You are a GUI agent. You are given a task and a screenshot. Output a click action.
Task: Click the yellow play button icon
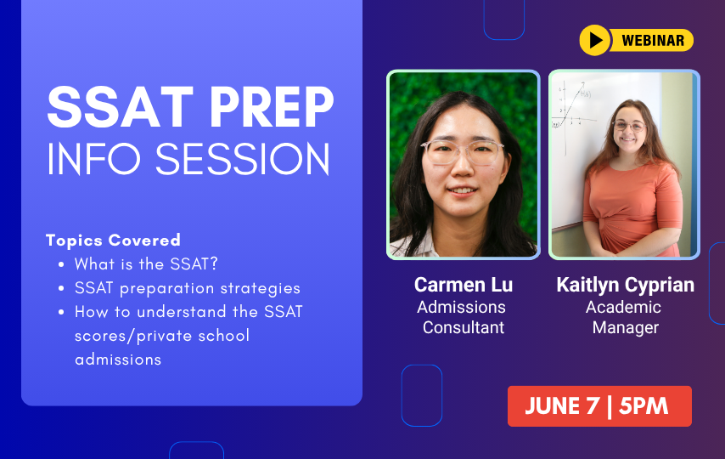coord(595,40)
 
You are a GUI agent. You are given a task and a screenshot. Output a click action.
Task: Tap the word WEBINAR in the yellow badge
coord(653,40)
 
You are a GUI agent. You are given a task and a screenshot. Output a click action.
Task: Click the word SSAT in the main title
coord(121,107)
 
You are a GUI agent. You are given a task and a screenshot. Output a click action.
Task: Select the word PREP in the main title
coord(272,107)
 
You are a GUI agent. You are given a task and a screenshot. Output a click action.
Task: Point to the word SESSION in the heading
coord(243,159)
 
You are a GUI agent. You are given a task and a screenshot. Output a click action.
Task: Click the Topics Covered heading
coord(113,240)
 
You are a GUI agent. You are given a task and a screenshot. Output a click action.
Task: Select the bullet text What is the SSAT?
coord(146,264)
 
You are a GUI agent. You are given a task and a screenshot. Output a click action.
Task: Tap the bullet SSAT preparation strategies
coord(188,288)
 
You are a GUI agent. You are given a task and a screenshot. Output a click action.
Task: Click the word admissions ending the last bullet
coord(118,359)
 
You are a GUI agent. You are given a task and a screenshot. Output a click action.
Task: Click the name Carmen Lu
coord(464,285)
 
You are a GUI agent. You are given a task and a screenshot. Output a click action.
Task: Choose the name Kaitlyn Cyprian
coord(625,285)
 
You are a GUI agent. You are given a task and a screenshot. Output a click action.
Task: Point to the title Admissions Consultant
coord(463,317)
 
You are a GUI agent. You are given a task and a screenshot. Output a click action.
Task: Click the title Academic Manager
coord(624,317)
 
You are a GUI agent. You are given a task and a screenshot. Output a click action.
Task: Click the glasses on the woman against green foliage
coord(463,152)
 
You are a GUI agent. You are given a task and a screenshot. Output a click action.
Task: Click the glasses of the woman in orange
coord(629,125)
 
